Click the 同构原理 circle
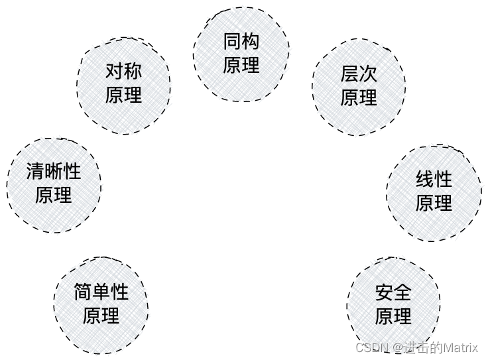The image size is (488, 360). pyautogui.click(x=241, y=54)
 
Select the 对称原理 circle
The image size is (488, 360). pyautogui.click(x=123, y=83)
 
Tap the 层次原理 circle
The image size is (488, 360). pyautogui.click(x=359, y=86)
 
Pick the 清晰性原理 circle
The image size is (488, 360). pyautogui.click(x=54, y=184)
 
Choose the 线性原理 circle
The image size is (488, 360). pyautogui.click(x=434, y=192)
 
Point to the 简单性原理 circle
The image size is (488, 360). pyautogui.click(x=101, y=304)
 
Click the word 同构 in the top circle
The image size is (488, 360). pyautogui.click(x=241, y=42)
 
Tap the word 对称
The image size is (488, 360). pyautogui.click(x=123, y=71)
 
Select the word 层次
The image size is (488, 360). pyautogui.click(x=359, y=74)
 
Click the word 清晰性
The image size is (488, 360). pyautogui.click(x=54, y=172)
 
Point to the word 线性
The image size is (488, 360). pyautogui.click(x=434, y=180)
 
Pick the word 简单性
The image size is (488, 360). pyautogui.click(x=101, y=292)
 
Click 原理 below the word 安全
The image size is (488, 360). pyautogui.click(x=393, y=317)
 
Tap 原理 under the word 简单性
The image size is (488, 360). pyautogui.click(x=101, y=316)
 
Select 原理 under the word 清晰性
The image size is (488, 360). pyautogui.click(x=54, y=196)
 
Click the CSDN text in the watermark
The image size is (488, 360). pyautogui.click(x=371, y=348)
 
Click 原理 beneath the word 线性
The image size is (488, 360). pyautogui.click(x=434, y=204)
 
